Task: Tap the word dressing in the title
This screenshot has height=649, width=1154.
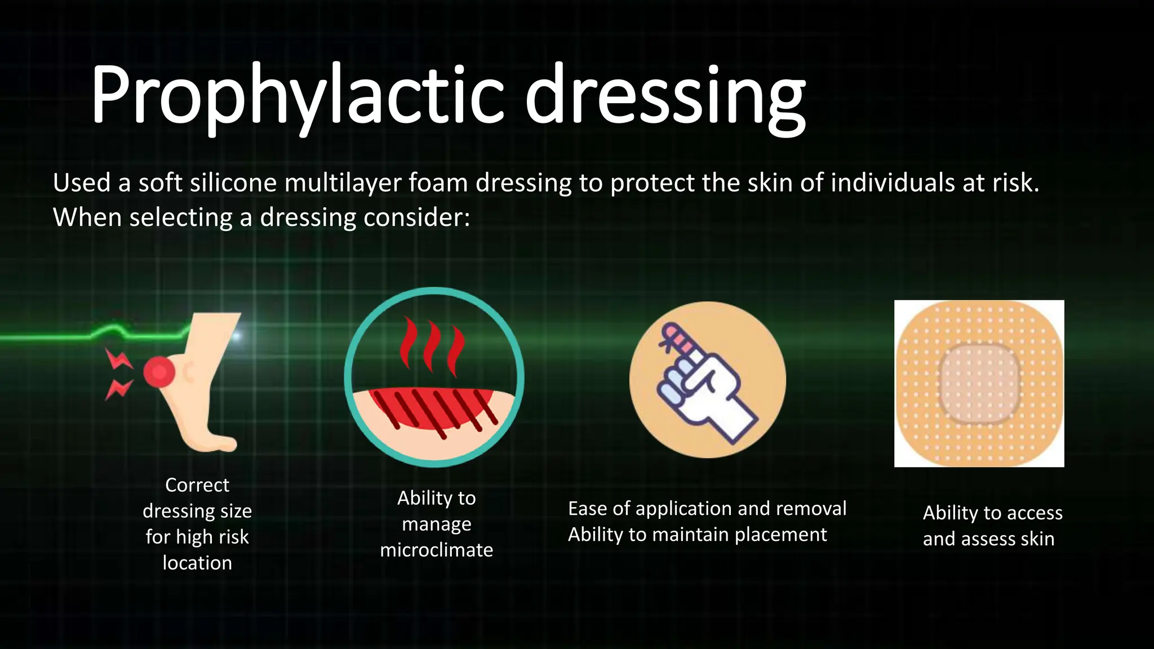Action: pyautogui.click(x=665, y=94)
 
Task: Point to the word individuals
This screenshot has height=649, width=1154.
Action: pyautogui.click(x=893, y=183)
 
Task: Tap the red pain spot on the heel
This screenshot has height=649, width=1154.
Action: pyautogui.click(x=158, y=372)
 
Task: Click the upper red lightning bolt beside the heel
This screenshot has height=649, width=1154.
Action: pyautogui.click(x=118, y=359)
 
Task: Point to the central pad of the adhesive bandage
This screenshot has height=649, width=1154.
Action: pyautogui.click(x=979, y=384)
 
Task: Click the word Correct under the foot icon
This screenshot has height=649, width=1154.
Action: pyautogui.click(x=197, y=485)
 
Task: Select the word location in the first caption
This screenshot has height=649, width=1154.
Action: pyautogui.click(x=197, y=563)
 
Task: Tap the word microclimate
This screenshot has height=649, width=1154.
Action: pyautogui.click(x=437, y=550)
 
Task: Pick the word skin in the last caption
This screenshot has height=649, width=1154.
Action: pyautogui.click(x=1037, y=539)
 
